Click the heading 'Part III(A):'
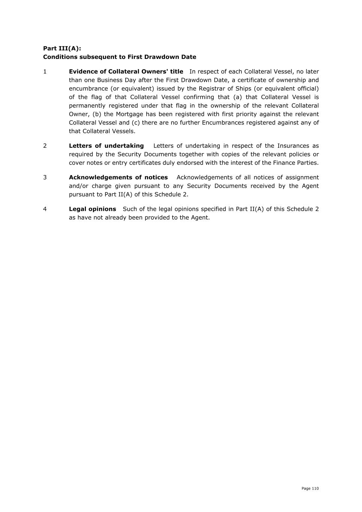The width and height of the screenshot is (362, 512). (x=62, y=48)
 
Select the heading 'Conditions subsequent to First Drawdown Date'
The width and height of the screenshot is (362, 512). (x=119, y=57)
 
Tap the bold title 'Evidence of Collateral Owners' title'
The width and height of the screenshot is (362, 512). (x=126, y=72)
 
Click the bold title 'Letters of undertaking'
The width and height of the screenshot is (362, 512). (x=106, y=146)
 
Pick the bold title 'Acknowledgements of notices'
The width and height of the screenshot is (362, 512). (x=118, y=177)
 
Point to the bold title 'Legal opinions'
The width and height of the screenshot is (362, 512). (x=92, y=209)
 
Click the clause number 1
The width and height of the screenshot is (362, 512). (x=45, y=72)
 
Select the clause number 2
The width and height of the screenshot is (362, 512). (x=45, y=146)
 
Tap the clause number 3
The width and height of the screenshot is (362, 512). (x=45, y=177)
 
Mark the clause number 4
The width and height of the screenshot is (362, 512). (x=45, y=209)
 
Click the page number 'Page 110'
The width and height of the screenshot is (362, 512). (x=310, y=488)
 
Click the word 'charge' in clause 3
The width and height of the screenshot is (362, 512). (x=102, y=186)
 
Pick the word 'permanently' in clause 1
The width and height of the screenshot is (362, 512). (x=87, y=106)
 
